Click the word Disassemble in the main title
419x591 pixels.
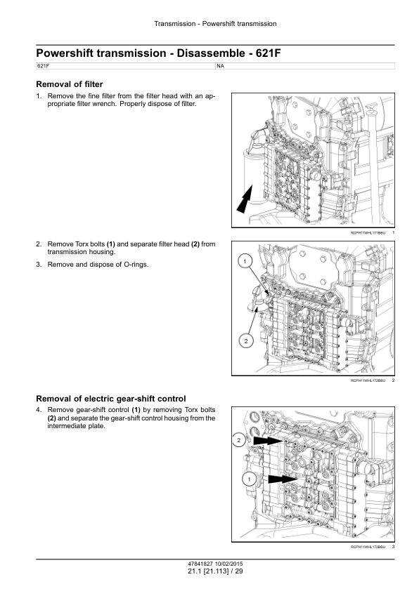coord(211,53)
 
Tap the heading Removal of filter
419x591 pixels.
coord(70,84)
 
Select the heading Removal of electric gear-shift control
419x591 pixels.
coord(111,399)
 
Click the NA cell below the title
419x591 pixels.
coord(221,66)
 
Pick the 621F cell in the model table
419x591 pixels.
coord(43,66)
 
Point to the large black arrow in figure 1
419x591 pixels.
coord(244,200)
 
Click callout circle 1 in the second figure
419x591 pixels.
coord(245,261)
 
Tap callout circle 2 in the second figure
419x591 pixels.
coord(246,341)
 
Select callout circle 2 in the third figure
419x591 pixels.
coord(238,440)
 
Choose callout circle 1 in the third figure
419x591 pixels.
coord(249,479)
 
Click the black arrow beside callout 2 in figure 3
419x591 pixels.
coord(268,441)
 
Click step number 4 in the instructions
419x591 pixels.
coord(39,410)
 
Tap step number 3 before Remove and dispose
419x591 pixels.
coord(39,264)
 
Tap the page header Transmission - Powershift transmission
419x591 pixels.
coord(215,24)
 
